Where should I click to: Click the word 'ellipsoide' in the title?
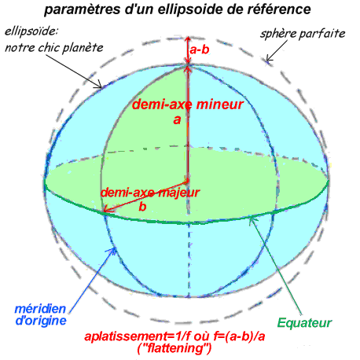184,9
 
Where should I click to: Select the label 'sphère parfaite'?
303,34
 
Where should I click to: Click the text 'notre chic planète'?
54,47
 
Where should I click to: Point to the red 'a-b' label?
200,50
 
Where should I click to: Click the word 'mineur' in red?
220,104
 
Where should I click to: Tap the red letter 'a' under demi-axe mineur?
177,119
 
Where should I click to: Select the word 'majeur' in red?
179,193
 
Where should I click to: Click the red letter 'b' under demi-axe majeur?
142,207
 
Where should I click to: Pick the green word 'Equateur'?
305,322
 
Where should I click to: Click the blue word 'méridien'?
40,309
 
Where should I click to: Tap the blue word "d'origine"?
41,321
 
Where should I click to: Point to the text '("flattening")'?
174,348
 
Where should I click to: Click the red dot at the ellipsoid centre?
186,181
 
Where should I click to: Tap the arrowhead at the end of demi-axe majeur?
105,209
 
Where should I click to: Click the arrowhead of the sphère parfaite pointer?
268,59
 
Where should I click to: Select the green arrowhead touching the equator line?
252,219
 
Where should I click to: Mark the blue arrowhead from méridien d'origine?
112,250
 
